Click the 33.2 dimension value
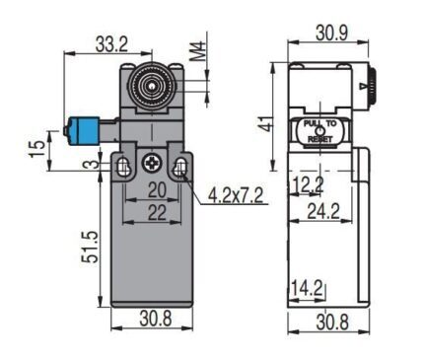(111, 44)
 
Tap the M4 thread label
(198, 51)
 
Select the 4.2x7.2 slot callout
(236, 196)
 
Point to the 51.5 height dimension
(90, 247)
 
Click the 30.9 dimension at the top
(331, 34)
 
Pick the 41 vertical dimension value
(268, 123)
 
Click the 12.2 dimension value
(308, 184)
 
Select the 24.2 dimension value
(323, 212)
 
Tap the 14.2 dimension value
(308, 289)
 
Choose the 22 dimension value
(157, 213)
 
